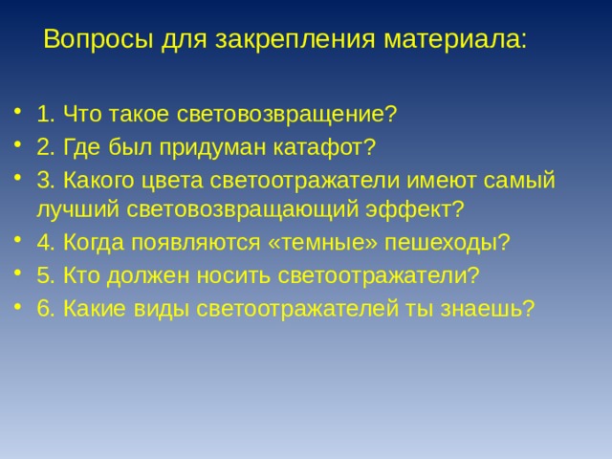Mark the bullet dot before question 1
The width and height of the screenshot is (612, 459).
(x=19, y=115)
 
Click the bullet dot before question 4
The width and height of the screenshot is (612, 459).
(x=19, y=243)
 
